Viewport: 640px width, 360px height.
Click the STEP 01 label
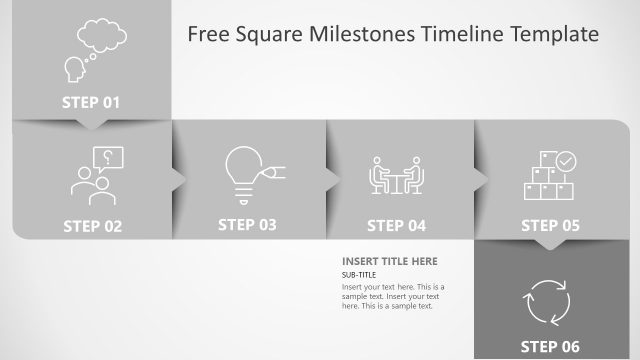[90, 102]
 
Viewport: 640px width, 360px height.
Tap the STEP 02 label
[92, 226]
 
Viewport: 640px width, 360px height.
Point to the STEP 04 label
[396, 226]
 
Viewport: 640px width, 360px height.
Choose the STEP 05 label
[550, 226]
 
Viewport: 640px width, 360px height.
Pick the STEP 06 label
[550, 347]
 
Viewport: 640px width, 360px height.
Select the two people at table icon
[397, 177]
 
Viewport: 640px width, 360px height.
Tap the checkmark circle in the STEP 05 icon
[566, 160]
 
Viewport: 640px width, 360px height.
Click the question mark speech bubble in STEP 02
[107, 158]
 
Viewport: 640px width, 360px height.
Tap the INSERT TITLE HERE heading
[389, 262]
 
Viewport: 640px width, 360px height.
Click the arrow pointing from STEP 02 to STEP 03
[179, 178]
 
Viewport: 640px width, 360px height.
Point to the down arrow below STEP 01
[90, 125]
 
